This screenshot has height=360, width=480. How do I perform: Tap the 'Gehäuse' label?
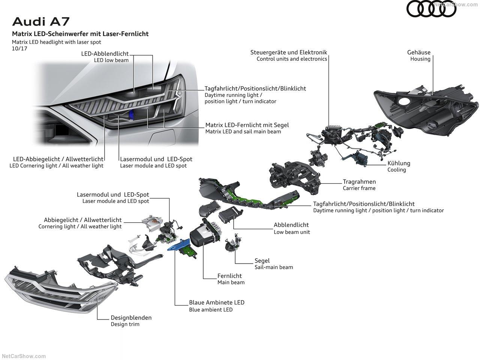tap(419, 52)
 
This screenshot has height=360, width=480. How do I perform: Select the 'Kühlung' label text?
tap(399, 163)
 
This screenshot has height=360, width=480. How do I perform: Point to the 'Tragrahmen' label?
tap(359, 182)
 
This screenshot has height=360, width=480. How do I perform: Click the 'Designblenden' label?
tap(131, 318)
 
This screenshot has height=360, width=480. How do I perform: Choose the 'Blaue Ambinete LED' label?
tap(217, 303)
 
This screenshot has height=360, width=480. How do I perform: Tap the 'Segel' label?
tap(262, 261)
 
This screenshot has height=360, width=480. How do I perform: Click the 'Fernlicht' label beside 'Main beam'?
tap(229, 276)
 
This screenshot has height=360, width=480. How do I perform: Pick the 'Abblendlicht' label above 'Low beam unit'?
tap(291, 225)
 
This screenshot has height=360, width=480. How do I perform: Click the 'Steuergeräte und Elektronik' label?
tap(289, 52)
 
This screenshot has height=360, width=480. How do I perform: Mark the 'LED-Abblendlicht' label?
tap(105, 54)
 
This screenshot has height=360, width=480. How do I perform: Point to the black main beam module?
tap(204, 234)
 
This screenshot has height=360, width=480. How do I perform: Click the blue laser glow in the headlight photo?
tap(131, 116)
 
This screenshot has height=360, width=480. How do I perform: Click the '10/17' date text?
tap(19, 48)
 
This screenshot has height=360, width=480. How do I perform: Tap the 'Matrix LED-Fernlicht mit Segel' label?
tap(247, 125)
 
